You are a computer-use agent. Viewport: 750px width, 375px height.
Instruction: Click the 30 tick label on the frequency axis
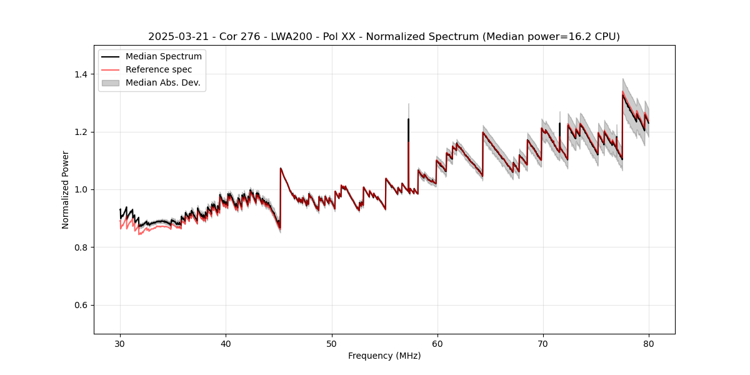click(x=120, y=344)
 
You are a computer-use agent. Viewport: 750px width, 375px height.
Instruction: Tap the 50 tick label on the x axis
click(x=331, y=344)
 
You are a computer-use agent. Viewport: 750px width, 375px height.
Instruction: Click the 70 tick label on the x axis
click(x=543, y=344)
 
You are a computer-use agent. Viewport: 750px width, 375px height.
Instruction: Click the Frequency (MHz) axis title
click(x=384, y=356)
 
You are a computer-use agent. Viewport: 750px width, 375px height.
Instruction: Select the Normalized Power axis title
click(x=66, y=189)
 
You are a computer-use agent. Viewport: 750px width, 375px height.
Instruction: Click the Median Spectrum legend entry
click(x=164, y=56)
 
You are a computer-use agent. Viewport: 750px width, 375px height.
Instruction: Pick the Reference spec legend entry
click(x=159, y=69)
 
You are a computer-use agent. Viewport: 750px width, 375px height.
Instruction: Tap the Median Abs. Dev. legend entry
click(x=162, y=82)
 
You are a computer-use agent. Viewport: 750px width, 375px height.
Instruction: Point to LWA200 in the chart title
click(x=287, y=37)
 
